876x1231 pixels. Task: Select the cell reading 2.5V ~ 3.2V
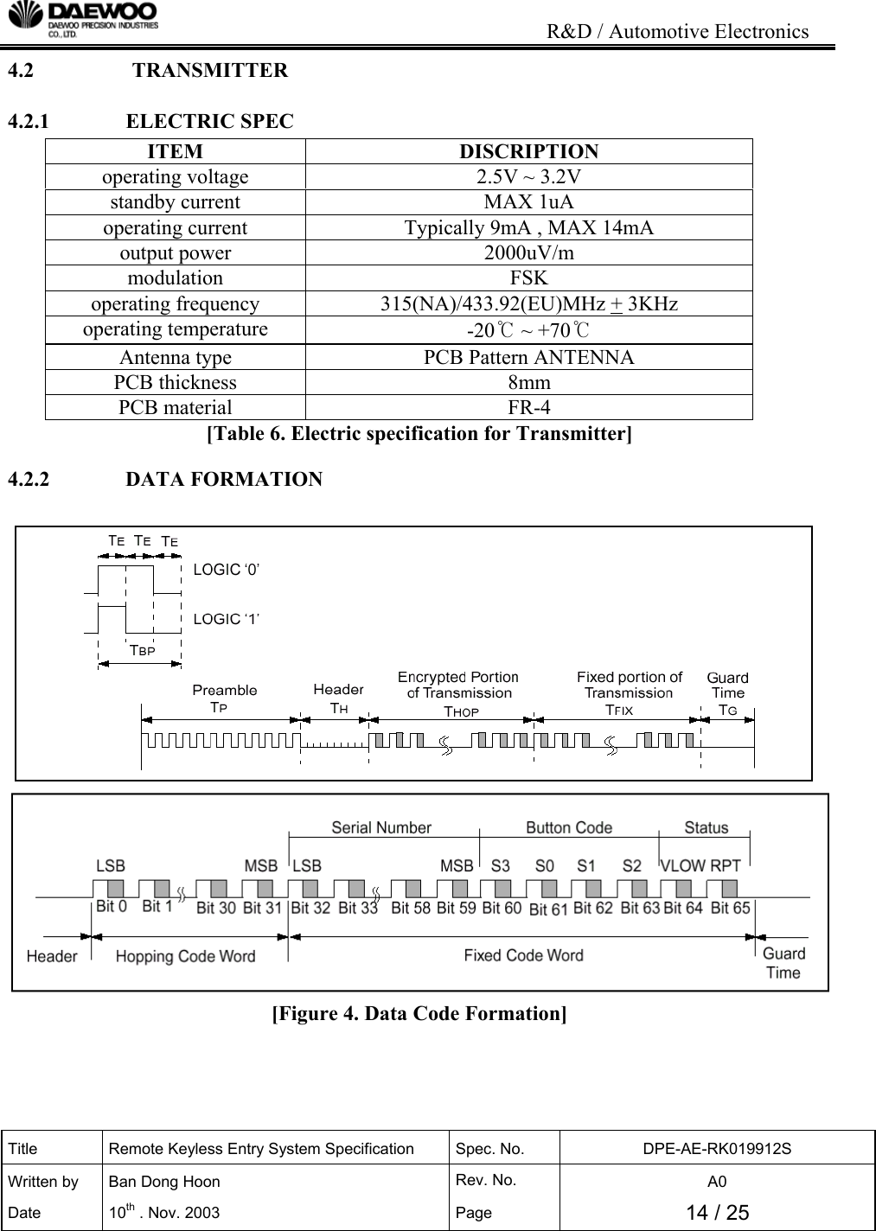528,177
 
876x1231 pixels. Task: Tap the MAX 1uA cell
528,202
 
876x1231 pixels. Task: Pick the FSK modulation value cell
528,278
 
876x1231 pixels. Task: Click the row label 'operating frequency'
175,304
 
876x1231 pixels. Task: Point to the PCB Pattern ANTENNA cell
528,357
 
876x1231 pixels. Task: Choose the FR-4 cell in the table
528,407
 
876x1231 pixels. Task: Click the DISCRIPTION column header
528,151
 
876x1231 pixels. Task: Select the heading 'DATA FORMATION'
224,479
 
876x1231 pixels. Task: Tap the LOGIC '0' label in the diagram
227,570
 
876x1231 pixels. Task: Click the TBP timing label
142,650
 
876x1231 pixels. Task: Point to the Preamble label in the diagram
224,690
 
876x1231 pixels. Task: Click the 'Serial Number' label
381,828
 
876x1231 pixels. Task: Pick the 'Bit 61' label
548,909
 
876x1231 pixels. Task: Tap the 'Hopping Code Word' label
185,956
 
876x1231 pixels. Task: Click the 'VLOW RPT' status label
700,865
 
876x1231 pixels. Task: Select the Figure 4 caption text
419,1013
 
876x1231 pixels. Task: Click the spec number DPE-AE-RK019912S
717,1149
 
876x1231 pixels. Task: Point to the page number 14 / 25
717,1213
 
